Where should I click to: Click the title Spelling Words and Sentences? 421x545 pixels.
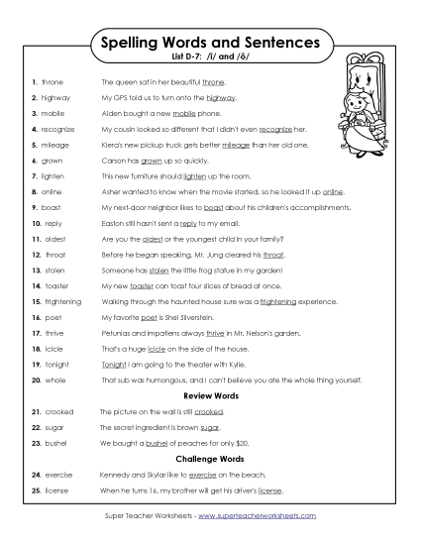point(209,43)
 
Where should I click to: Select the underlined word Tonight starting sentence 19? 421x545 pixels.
point(114,362)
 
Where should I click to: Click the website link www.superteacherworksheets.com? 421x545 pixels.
point(255,516)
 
